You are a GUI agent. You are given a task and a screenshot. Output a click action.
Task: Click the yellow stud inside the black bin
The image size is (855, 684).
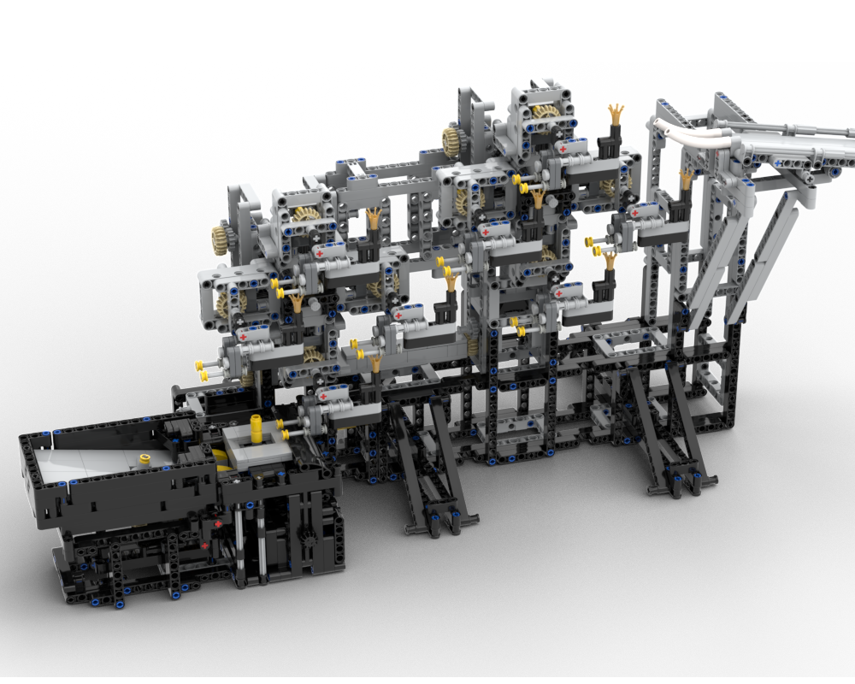pos(144,459)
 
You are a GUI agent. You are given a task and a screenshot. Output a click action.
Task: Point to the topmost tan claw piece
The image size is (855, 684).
pos(615,112)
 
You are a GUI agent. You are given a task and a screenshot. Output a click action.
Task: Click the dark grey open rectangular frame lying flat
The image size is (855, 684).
pos(628,342)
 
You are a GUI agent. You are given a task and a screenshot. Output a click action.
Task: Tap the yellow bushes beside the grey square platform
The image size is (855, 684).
pos(287,426)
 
